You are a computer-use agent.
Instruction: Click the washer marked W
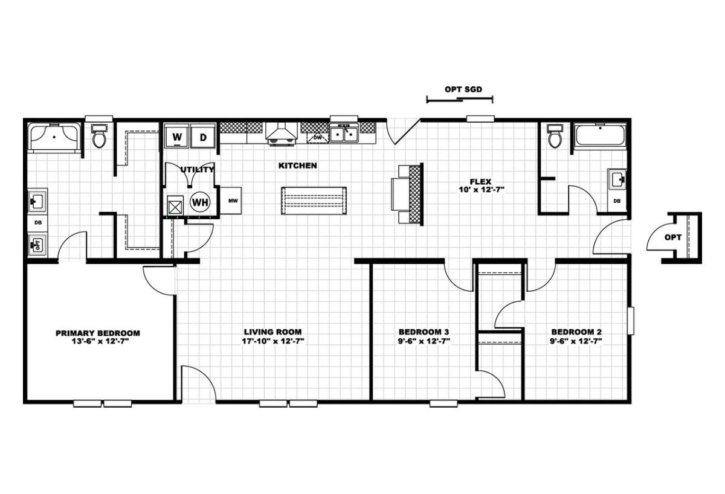(x=176, y=136)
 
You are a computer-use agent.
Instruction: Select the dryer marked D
(x=203, y=136)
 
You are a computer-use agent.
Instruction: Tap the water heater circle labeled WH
(x=201, y=202)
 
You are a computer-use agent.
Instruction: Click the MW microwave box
(x=231, y=200)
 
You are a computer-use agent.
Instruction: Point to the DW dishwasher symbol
(x=318, y=138)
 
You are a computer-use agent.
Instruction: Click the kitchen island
(x=314, y=200)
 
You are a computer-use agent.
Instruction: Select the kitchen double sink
(x=344, y=133)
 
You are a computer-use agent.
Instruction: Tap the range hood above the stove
(x=282, y=135)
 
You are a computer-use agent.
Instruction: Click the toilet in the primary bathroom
(x=99, y=136)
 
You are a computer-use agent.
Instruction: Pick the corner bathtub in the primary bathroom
(x=54, y=136)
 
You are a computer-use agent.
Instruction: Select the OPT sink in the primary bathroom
(x=37, y=245)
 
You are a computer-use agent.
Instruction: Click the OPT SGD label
(x=463, y=89)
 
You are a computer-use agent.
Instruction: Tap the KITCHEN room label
(x=297, y=165)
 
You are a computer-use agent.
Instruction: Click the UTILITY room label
(x=197, y=170)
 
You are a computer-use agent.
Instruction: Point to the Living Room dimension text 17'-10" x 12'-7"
(x=273, y=341)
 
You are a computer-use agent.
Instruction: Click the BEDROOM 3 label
(x=424, y=332)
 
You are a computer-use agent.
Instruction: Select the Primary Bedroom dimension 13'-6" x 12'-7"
(x=98, y=342)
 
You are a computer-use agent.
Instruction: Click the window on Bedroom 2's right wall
(x=631, y=321)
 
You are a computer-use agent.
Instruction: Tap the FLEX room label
(x=481, y=182)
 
